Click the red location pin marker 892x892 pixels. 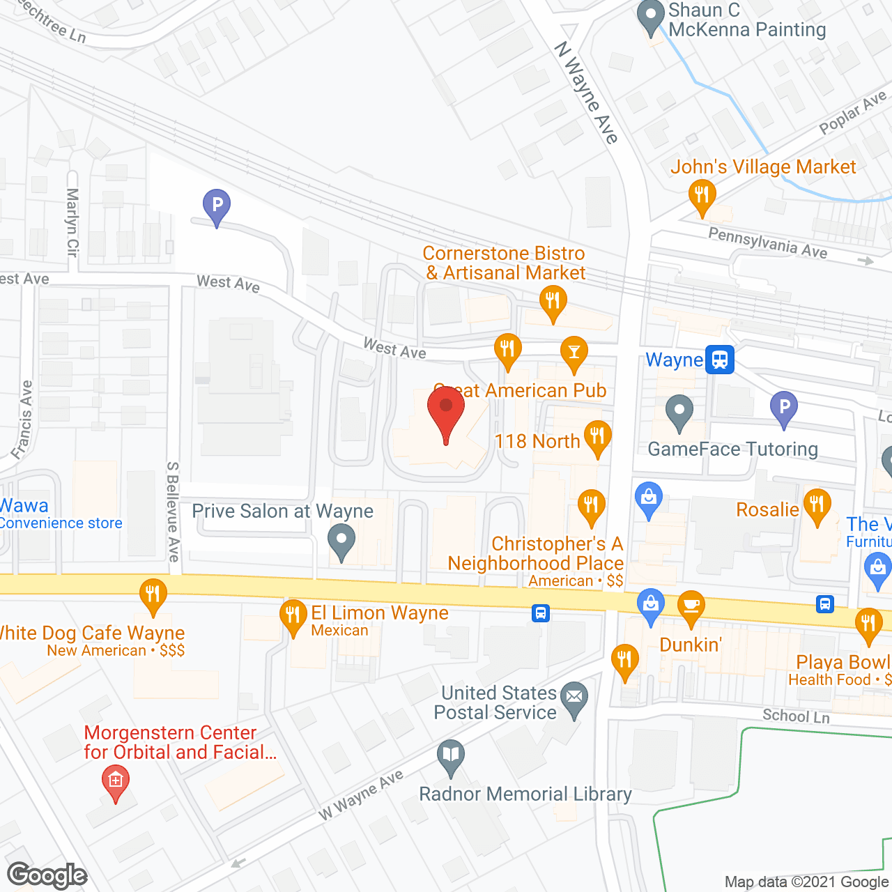pos(446,411)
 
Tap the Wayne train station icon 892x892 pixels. pos(719,360)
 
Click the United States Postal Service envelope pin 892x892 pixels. pos(574,698)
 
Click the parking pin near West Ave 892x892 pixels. pos(217,206)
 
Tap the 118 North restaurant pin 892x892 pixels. pos(597,438)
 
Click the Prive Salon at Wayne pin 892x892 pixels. pos(341,541)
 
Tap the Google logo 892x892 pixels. pos(47,876)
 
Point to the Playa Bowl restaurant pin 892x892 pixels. pos(868,625)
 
